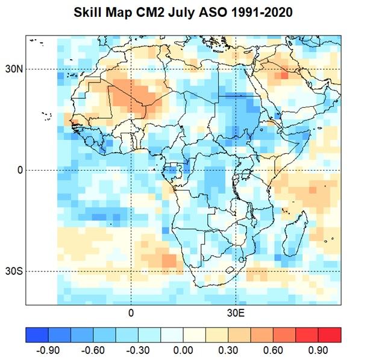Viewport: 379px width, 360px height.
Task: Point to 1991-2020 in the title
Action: [x=262, y=12]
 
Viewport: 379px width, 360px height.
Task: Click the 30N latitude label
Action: [x=14, y=69]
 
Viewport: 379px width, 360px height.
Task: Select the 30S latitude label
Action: [x=14, y=271]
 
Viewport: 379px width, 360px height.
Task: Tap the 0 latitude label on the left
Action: [x=20, y=170]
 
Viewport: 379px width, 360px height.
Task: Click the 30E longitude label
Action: [x=236, y=313]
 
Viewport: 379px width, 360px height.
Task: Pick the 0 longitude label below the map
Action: [x=131, y=313]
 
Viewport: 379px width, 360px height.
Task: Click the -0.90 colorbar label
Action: [x=48, y=350]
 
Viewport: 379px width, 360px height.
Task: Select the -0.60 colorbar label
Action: [x=93, y=350]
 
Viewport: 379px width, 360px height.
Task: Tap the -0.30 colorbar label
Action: [x=138, y=350]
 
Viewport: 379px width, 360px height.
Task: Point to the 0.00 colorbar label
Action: [x=183, y=350]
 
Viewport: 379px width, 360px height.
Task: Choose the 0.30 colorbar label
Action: [x=228, y=350]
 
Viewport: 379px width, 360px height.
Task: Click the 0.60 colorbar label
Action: [x=273, y=350]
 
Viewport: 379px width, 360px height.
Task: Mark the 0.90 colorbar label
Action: [x=318, y=350]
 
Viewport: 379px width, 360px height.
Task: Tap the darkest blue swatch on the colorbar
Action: [x=37, y=335]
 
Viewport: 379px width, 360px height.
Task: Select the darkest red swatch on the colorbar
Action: [x=330, y=335]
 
